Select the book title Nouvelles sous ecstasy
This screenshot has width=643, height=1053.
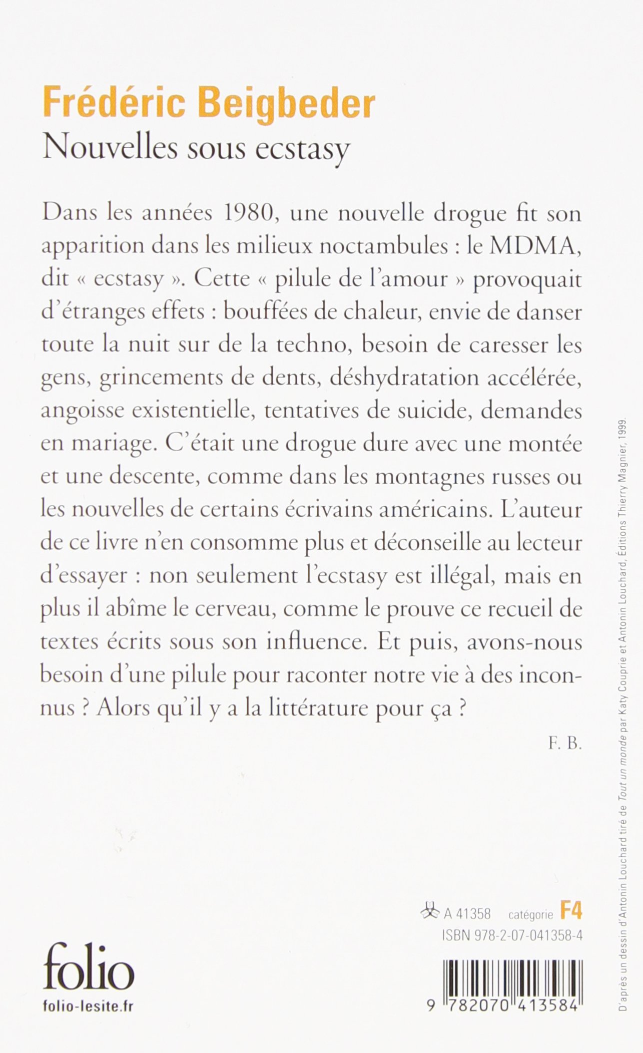(196, 149)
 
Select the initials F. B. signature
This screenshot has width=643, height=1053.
(565, 744)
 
